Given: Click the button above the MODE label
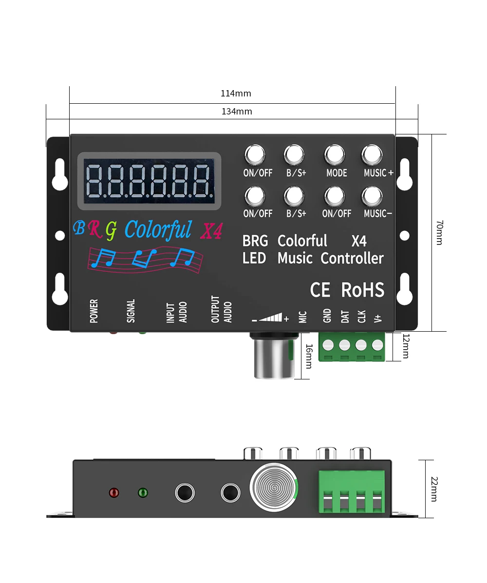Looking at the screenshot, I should [335, 155].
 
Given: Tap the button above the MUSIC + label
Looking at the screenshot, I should [372, 155].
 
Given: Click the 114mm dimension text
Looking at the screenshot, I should [236, 94].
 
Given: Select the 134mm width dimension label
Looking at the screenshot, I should [237, 112].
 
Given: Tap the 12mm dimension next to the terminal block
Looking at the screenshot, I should [405, 346].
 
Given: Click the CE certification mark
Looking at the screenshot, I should [320, 290].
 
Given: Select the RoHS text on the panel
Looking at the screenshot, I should [363, 290].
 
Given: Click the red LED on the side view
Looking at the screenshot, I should [114, 492].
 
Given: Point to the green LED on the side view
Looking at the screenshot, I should [143, 492].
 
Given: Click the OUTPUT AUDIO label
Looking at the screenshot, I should [222, 310].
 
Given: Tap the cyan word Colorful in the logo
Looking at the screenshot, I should [158, 229].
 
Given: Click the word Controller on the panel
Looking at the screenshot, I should [352, 258].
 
